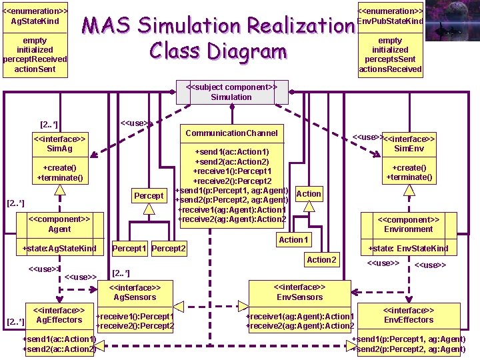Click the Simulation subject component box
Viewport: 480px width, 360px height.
tap(231, 92)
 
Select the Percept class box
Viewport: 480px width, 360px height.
tap(149, 195)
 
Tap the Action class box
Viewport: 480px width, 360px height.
tap(308, 193)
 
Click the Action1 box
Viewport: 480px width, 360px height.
tap(293, 239)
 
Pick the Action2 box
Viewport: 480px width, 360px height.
tap(321, 259)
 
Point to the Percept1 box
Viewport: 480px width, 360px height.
tap(129, 249)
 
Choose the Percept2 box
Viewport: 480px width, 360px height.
tap(169, 249)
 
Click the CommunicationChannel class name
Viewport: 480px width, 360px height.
tap(231, 133)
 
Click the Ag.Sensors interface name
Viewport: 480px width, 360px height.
tap(135, 297)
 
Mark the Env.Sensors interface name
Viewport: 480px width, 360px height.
tap(299, 297)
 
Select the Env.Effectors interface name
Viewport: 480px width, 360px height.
tap(409, 320)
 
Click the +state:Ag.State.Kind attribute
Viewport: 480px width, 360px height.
tap(59, 249)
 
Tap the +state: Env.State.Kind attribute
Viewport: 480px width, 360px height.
tap(409, 249)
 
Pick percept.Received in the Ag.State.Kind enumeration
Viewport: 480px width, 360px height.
tap(35, 59)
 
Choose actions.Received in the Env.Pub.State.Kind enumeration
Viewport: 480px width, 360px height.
tap(390, 69)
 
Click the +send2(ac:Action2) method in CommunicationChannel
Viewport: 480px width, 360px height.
tap(231, 162)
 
